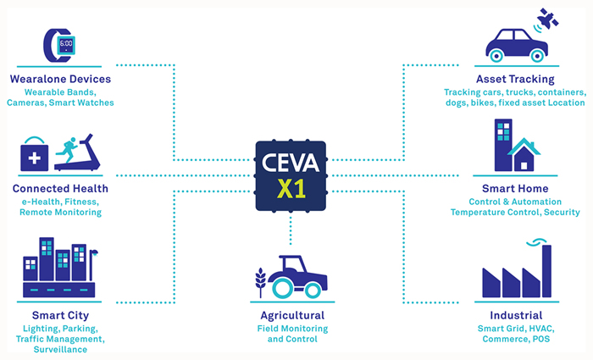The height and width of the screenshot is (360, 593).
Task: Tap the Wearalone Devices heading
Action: pyautogui.click(x=60, y=79)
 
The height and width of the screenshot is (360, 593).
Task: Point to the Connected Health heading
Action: pyautogui.click(x=60, y=188)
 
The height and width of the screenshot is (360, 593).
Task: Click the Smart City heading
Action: pyautogui.click(x=61, y=316)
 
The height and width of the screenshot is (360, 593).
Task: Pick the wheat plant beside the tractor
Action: pyautogui.click(x=262, y=282)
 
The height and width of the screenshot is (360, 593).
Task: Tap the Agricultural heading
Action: pyautogui.click(x=291, y=316)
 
